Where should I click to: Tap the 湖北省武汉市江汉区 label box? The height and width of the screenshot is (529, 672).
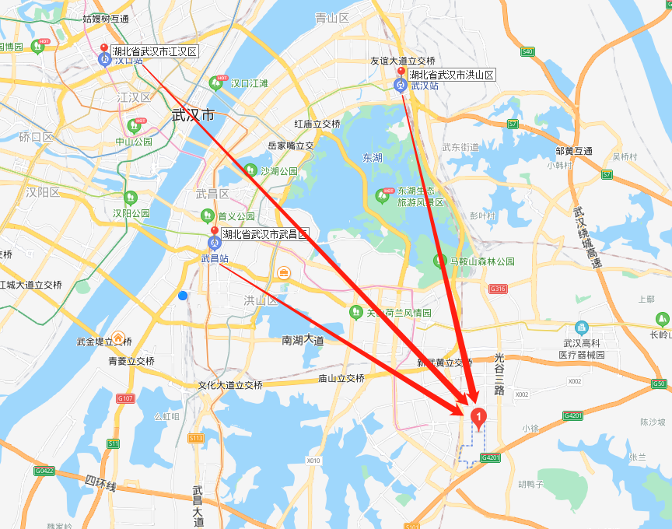point(154,52)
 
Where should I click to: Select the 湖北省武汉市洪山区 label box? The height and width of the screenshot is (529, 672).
point(451,75)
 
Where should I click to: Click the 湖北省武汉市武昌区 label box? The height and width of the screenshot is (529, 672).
point(264,234)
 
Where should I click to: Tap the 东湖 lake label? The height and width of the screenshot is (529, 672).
point(373,158)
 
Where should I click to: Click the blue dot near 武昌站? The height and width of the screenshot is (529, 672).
point(183,296)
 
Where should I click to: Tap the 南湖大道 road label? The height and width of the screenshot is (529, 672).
point(303,340)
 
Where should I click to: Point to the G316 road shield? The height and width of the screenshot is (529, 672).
point(498,289)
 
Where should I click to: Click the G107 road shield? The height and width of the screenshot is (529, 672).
point(125,398)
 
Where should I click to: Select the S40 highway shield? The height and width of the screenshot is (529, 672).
point(527,51)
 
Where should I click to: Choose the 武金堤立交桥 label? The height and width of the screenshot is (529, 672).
point(104,342)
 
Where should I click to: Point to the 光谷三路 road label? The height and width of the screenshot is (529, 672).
point(499,373)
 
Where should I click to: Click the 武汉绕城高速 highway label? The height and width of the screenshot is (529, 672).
point(586,237)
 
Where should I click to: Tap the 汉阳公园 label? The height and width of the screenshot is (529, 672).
point(131,213)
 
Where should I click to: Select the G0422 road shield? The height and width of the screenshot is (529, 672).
point(44,471)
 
